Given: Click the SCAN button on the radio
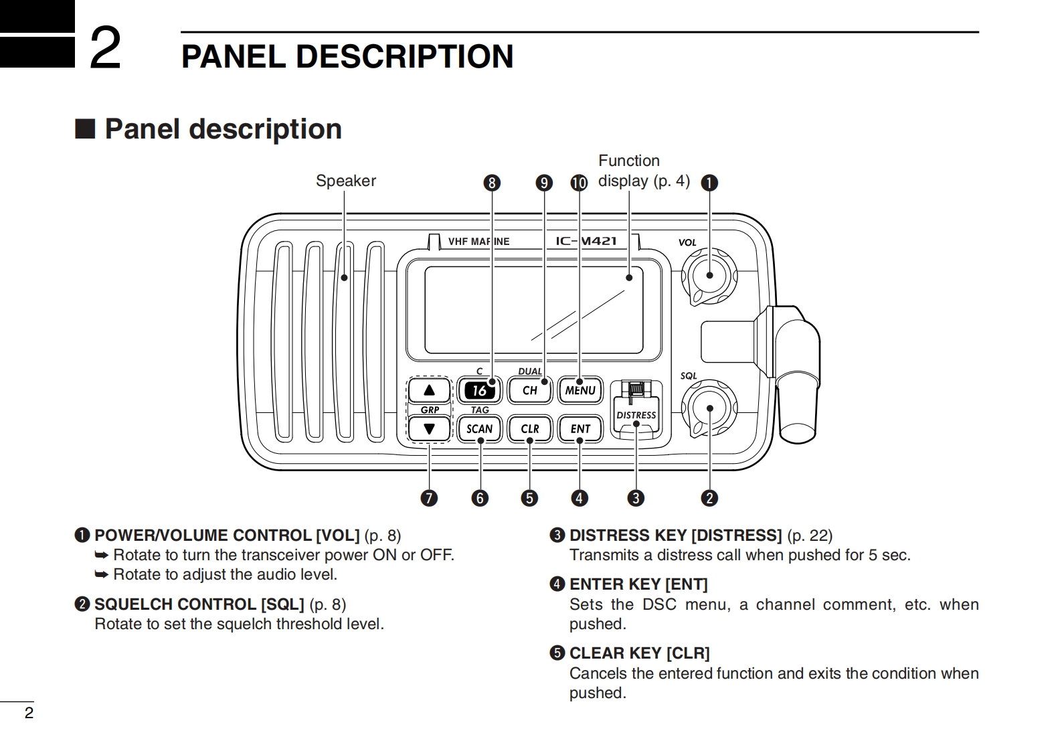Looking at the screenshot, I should [479, 429].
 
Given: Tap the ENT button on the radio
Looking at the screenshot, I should [580, 429].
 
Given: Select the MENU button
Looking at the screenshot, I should [580, 390].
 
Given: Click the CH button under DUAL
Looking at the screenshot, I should [529, 390].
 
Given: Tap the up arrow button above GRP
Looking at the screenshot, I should [429, 390].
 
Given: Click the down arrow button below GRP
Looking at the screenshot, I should [429, 429].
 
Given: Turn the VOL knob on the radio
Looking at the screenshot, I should [709, 275].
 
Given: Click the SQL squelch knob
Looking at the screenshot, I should [709, 408].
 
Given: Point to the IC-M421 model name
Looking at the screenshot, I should [586, 241].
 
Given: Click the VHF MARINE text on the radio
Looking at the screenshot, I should [478, 242].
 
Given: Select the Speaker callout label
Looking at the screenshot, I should [345, 181].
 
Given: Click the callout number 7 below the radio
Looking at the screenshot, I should [428, 498].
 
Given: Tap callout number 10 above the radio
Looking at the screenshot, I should [579, 183].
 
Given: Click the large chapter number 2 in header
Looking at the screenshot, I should [105, 48].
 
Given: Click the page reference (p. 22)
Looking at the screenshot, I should [810, 535].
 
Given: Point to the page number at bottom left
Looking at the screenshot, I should [29, 713].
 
